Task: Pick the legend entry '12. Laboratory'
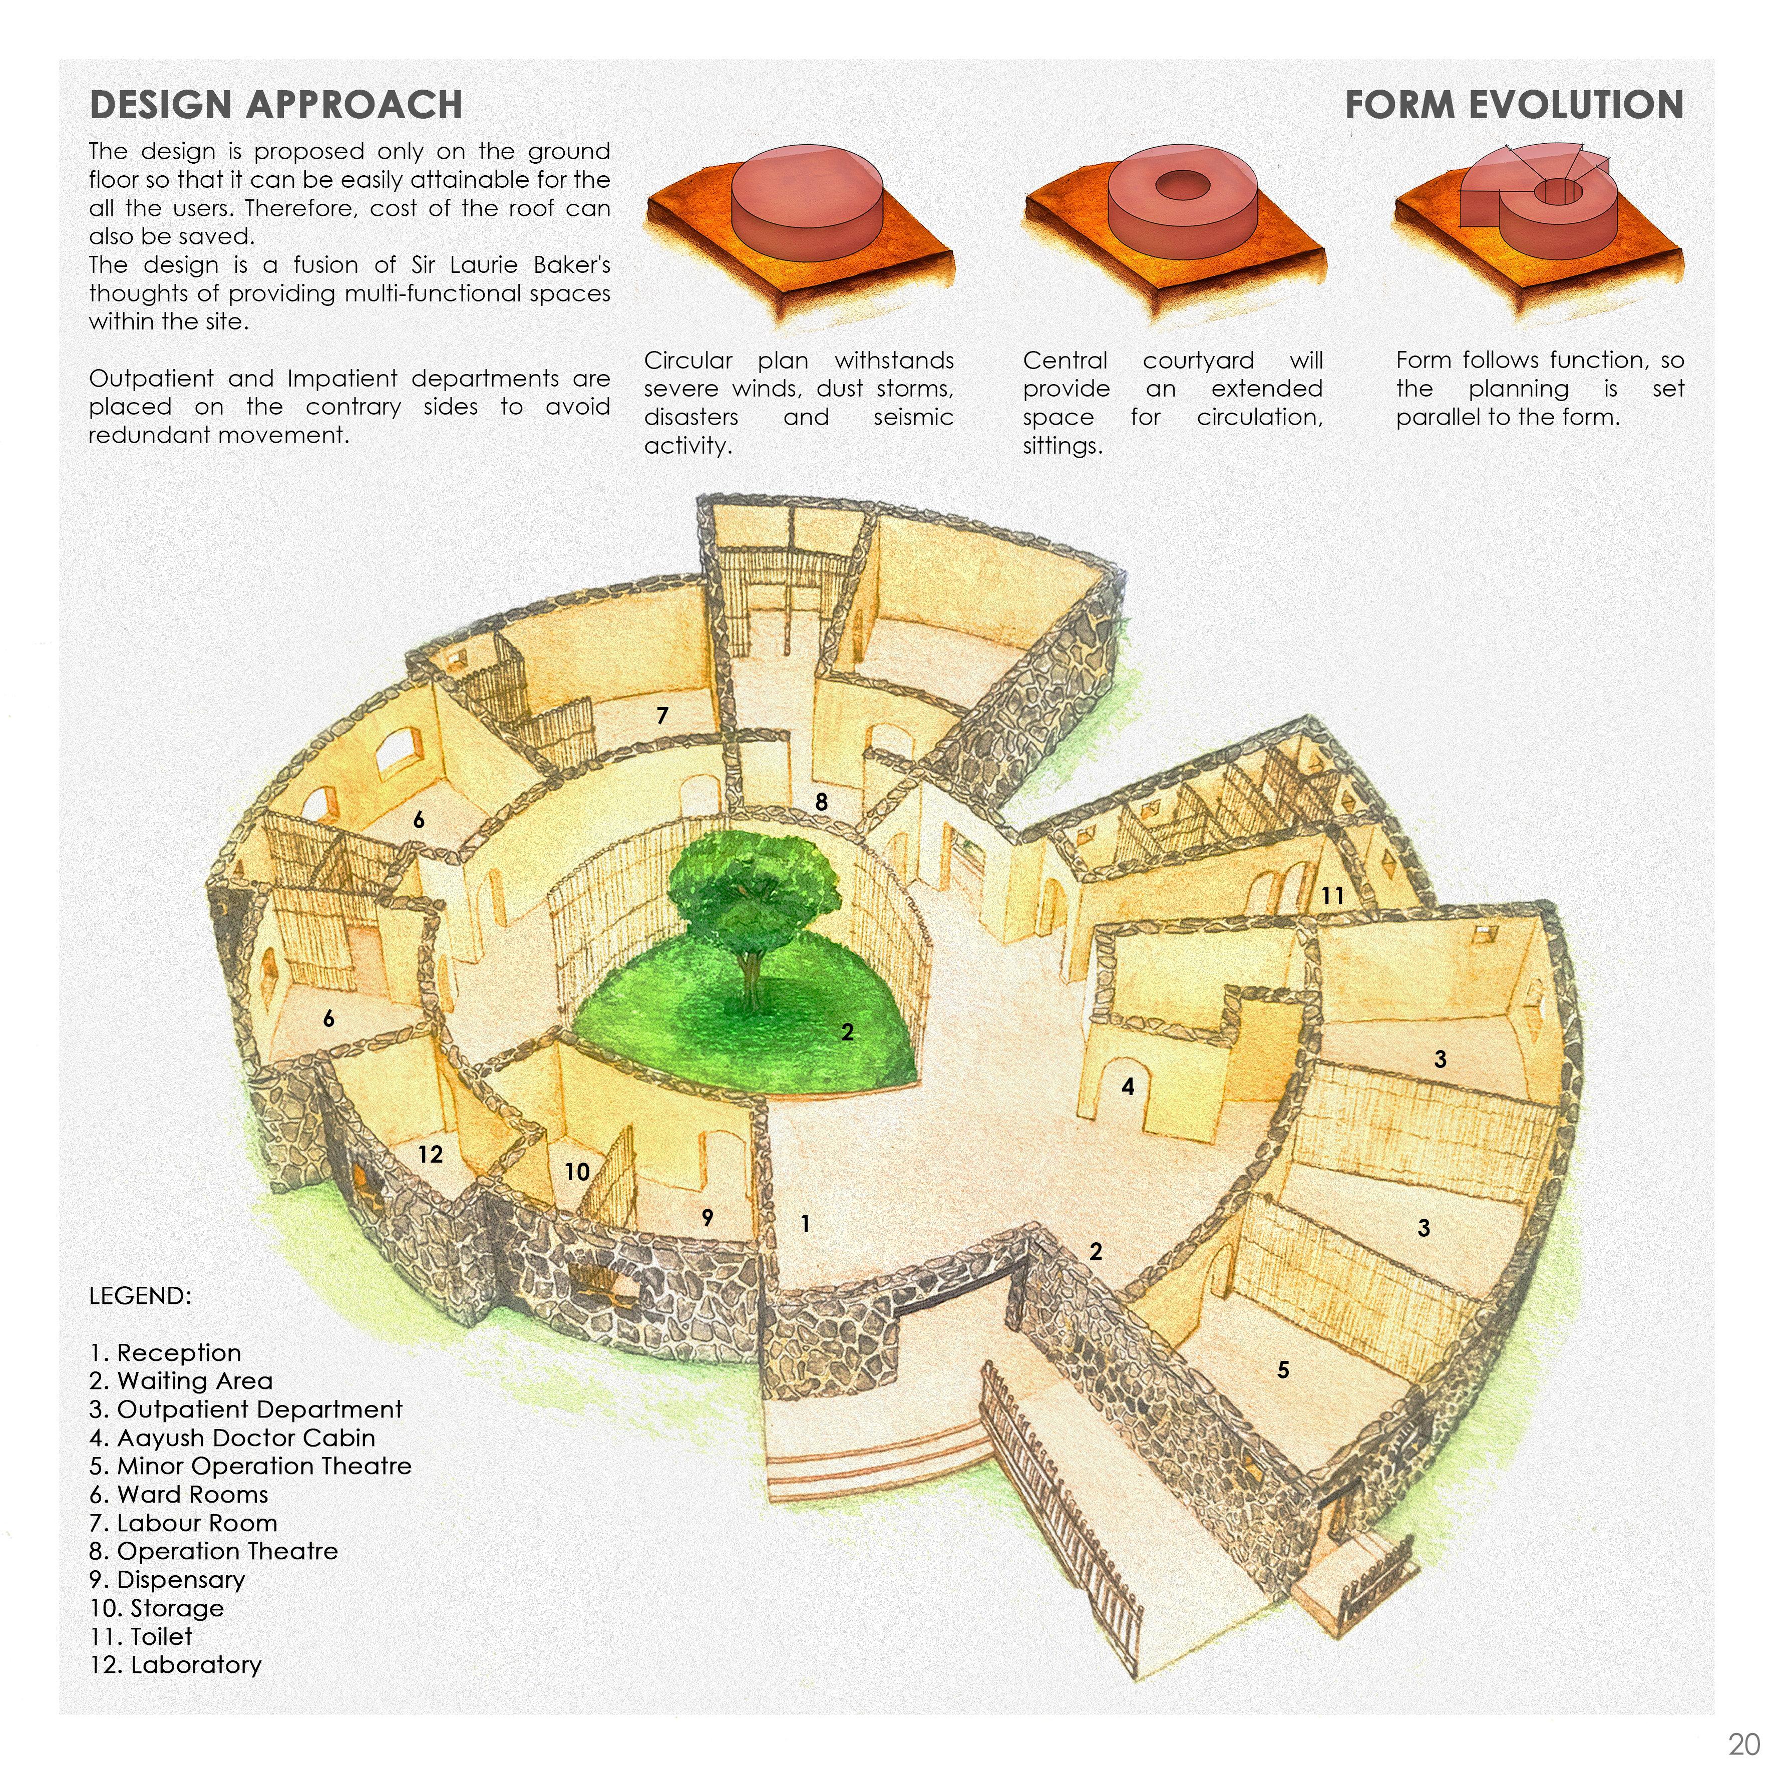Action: click(x=175, y=1665)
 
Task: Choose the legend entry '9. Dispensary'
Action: click(x=167, y=1579)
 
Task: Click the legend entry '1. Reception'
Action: click(x=165, y=1352)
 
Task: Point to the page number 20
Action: click(x=1743, y=1743)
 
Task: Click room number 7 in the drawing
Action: click(x=662, y=716)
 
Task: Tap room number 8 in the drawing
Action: click(x=821, y=802)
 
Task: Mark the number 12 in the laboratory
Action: click(x=430, y=1154)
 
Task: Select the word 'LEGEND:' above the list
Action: click(x=140, y=1296)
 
